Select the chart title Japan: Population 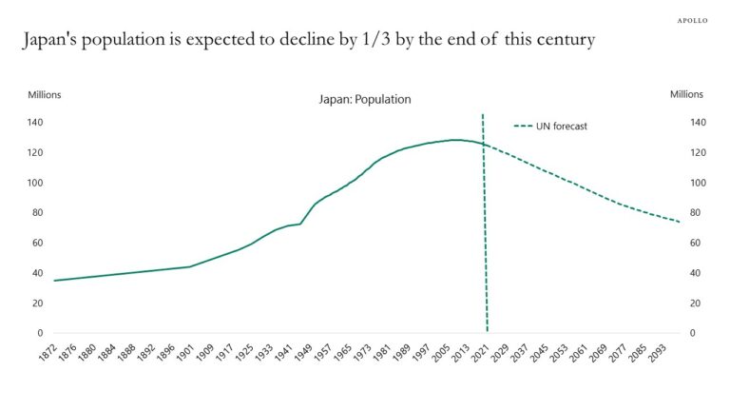point(364,99)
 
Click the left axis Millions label point(45,94)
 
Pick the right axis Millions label point(686,94)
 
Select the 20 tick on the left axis point(37,303)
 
